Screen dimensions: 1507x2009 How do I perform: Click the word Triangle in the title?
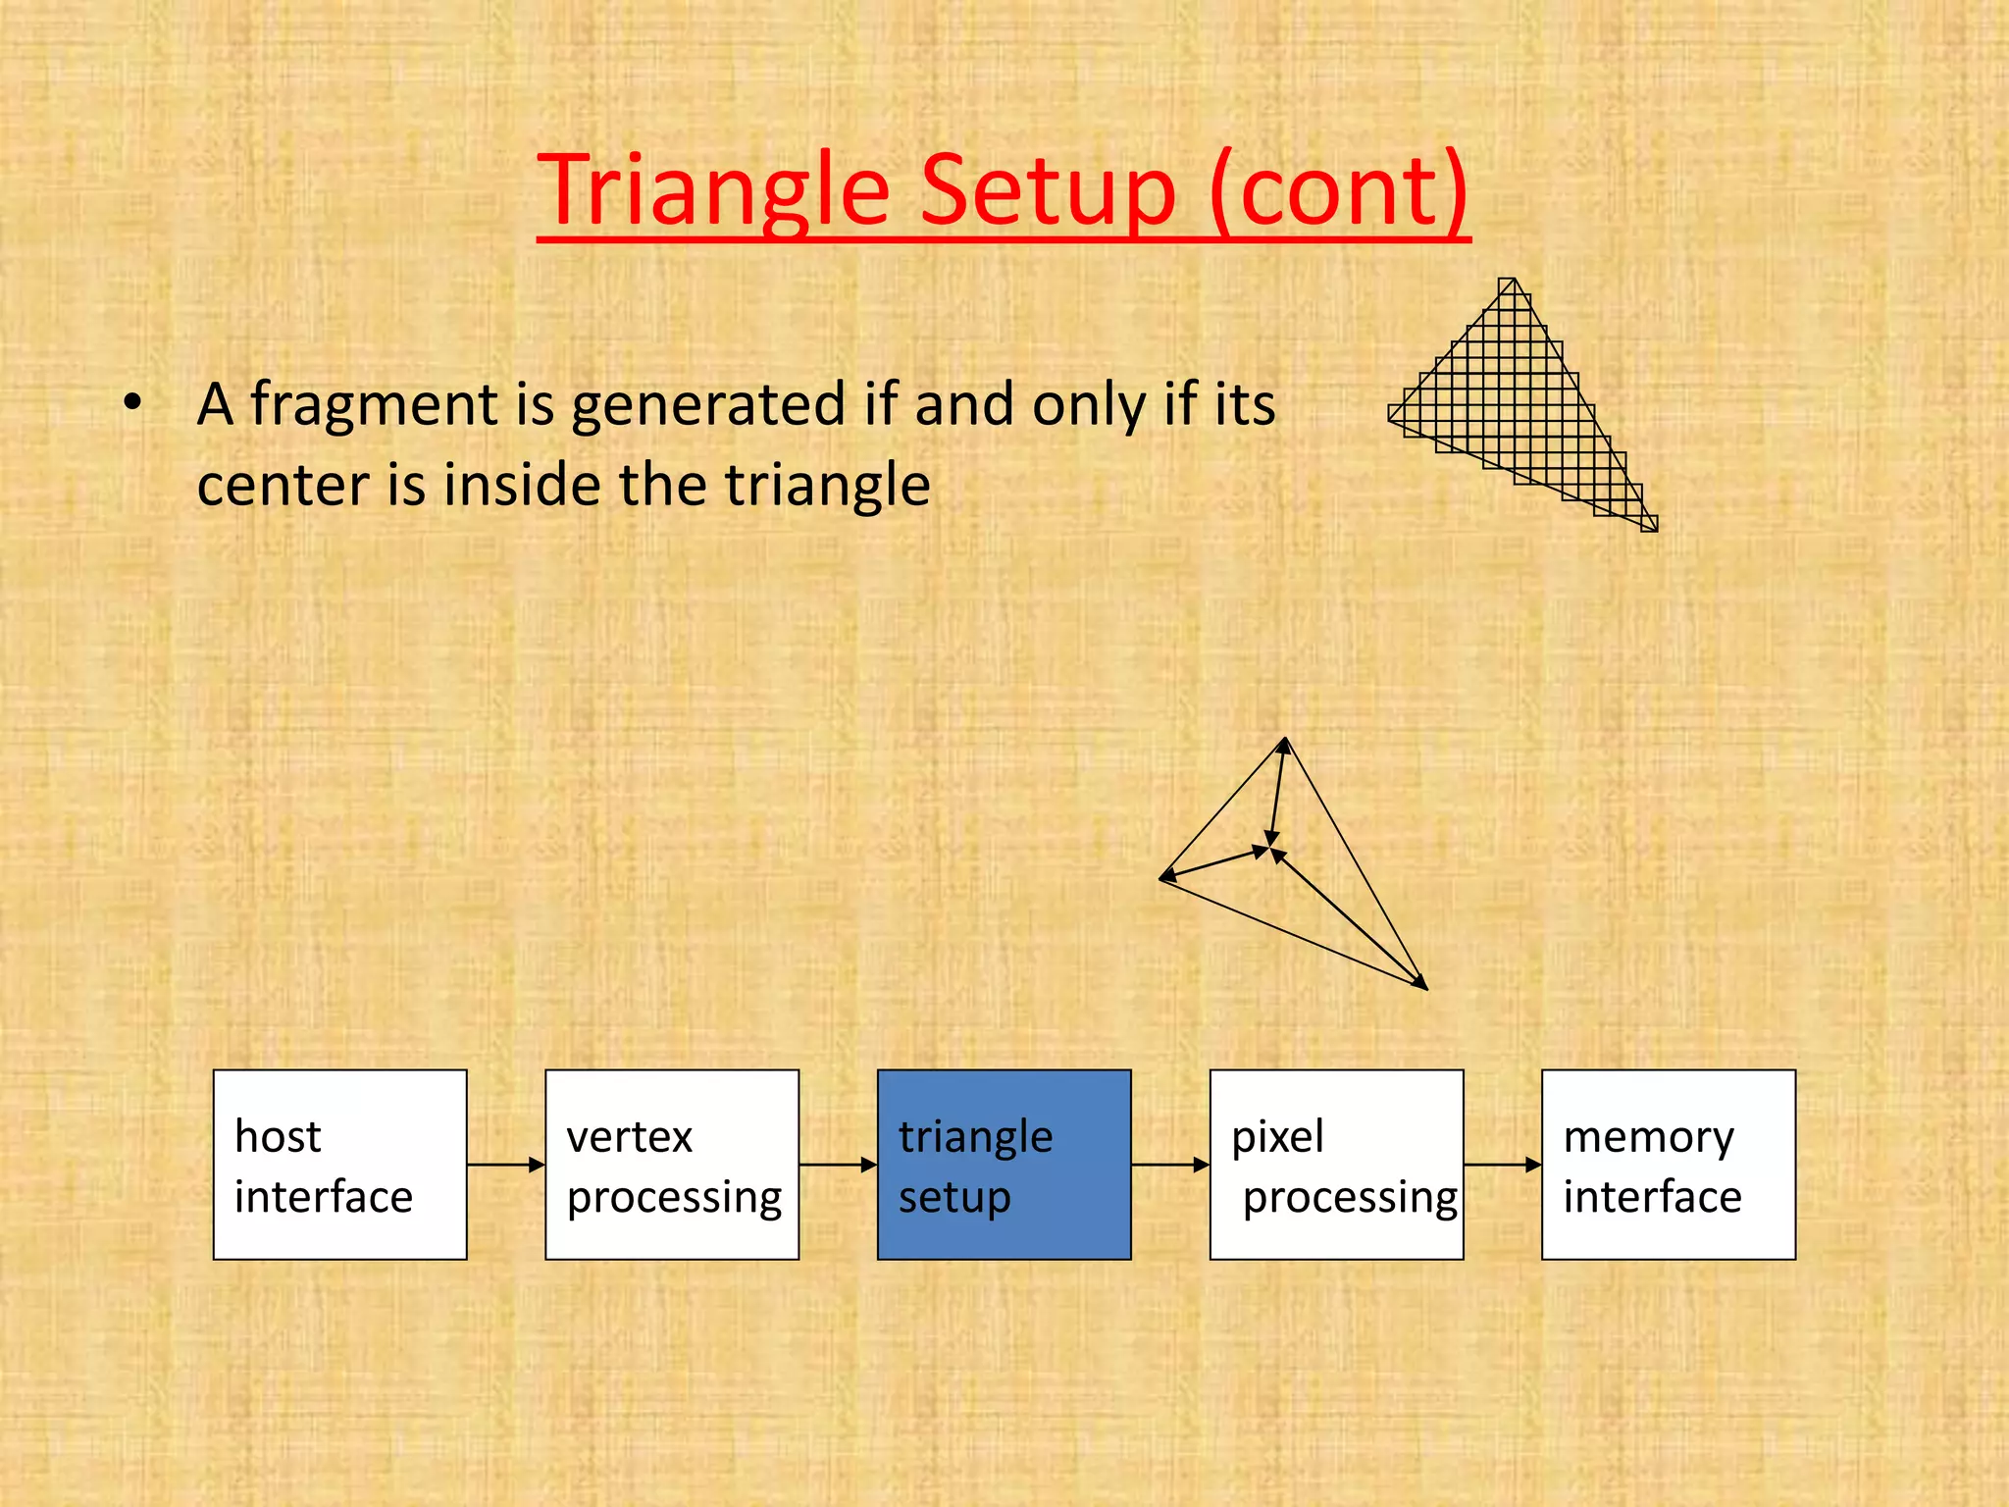(x=714, y=191)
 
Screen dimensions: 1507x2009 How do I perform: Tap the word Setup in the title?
(x=1048, y=191)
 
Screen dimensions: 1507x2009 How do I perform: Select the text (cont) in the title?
(x=1338, y=191)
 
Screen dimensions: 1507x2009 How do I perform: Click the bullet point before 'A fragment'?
(x=133, y=403)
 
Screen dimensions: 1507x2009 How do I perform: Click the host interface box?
(x=339, y=1165)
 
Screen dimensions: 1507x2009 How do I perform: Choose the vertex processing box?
(x=672, y=1165)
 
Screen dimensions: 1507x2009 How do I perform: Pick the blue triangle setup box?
(x=1004, y=1165)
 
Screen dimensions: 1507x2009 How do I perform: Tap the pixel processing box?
(x=1336, y=1165)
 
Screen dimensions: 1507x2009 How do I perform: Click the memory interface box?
(x=1668, y=1165)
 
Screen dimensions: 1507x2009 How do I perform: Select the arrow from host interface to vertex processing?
(x=505, y=1165)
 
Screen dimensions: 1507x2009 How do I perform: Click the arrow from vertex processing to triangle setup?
(x=838, y=1165)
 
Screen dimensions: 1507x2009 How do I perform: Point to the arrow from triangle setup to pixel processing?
(x=1169, y=1165)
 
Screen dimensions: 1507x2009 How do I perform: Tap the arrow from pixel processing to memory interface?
(x=1502, y=1165)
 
